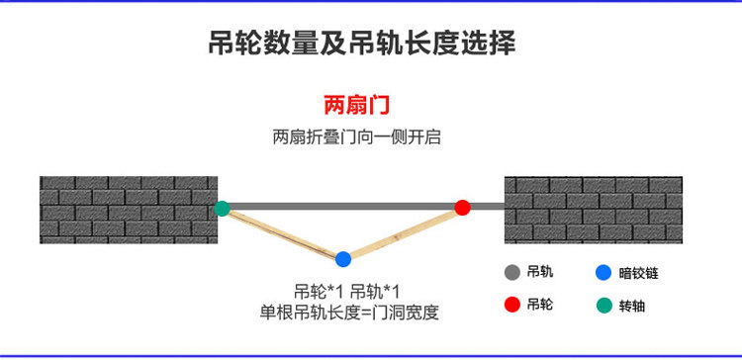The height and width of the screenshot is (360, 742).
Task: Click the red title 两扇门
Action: pos(356,105)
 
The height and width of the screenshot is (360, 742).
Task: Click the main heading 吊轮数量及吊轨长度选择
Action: pos(362,44)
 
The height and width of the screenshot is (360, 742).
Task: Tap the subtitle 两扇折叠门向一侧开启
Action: pos(357,137)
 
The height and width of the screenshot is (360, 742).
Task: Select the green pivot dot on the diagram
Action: pos(222,208)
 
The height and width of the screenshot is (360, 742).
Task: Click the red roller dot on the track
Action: pos(462,208)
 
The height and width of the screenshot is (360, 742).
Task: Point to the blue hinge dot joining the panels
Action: pos(343,259)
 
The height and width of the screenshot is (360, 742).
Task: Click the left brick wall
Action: pos(129,210)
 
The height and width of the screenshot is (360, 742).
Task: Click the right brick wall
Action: pos(594,210)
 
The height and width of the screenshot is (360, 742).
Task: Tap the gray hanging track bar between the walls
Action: pos(363,207)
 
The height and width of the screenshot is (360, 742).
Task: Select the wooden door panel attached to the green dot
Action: pos(283,233)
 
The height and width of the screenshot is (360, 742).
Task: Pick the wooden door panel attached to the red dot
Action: pos(403,233)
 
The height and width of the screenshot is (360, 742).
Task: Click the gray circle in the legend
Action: pos(512,273)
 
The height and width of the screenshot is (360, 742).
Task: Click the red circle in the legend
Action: pos(512,305)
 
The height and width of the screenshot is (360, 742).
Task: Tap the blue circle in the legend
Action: pos(603,273)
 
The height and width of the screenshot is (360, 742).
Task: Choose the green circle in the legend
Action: pos(603,306)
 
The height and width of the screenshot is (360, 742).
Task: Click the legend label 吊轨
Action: pos(539,272)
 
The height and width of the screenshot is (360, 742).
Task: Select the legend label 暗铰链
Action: pos(638,273)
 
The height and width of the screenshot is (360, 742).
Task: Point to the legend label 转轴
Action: pos(632,306)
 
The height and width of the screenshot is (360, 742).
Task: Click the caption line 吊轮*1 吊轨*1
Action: pos(347,291)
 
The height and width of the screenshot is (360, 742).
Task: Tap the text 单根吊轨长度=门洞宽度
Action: pos(349,313)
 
